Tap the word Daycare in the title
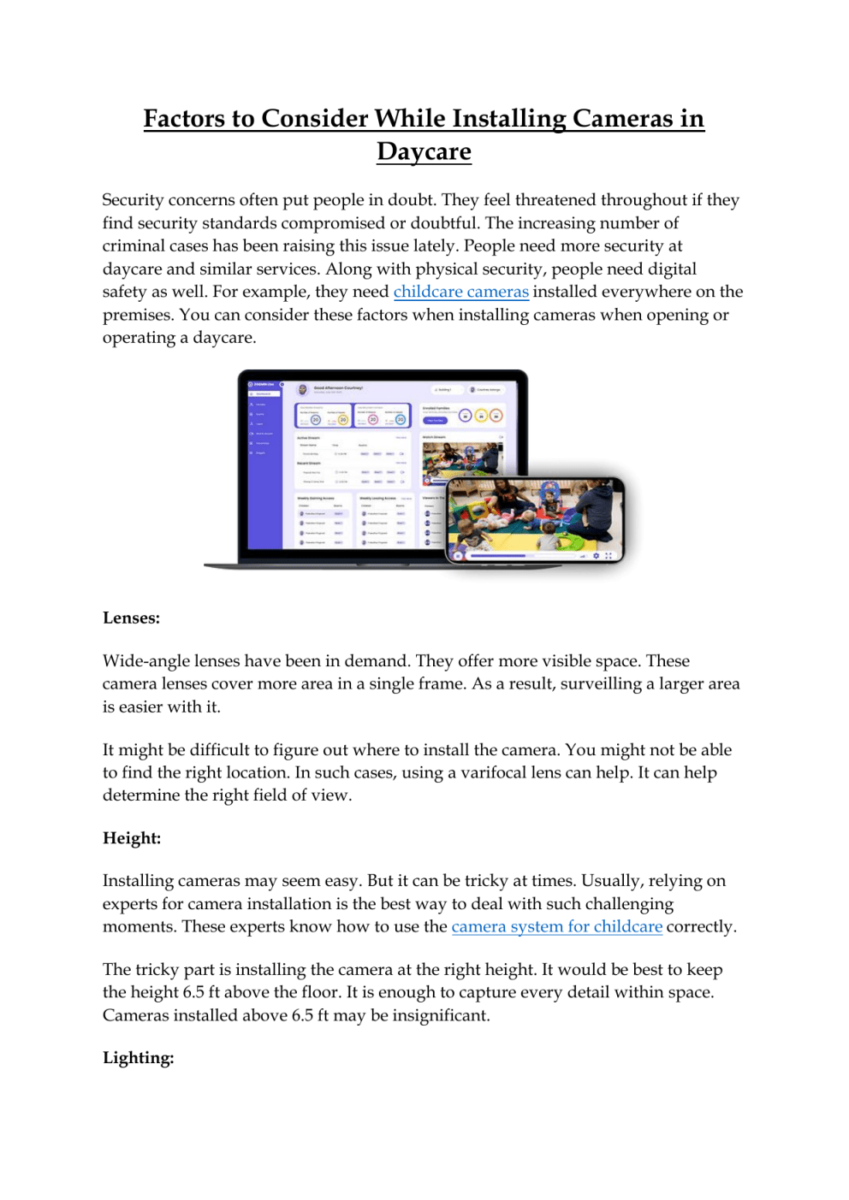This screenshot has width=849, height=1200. (x=424, y=151)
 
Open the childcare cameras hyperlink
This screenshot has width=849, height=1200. (x=460, y=292)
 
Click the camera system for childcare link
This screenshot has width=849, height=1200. (x=556, y=926)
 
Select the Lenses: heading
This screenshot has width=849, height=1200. (x=131, y=618)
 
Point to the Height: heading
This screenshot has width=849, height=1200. (x=132, y=837)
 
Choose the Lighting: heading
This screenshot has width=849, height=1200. (x=138, y=1057)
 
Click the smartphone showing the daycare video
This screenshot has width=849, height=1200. (x=535, y=519)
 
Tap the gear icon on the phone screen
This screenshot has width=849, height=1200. (x=596, y=556)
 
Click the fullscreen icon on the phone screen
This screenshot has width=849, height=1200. (x=609, y=556)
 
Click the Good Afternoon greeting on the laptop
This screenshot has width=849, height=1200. (x=338, y=388)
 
